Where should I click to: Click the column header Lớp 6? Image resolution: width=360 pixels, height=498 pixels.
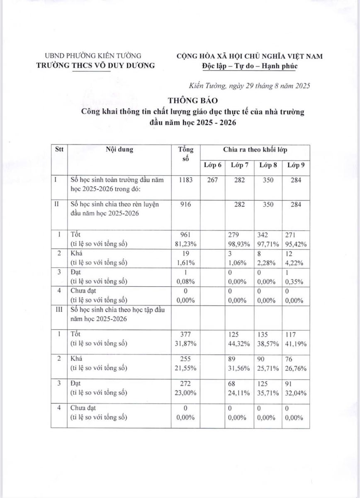[212, 165]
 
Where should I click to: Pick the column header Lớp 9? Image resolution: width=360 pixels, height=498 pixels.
[296, 165]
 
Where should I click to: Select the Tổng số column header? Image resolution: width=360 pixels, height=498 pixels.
[185, 154]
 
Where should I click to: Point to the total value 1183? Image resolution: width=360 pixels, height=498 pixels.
[185, 181]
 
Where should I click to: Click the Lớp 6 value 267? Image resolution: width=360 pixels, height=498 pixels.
[212, 181]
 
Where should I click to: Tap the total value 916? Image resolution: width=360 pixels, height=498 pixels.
[185, 205]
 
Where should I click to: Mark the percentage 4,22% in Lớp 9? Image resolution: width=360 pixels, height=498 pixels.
[296, 263]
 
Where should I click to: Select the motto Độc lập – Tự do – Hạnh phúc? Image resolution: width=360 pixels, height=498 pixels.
[250, 66]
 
